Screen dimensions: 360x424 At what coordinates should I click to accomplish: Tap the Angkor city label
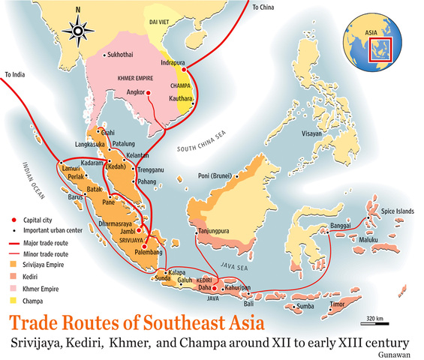(x=133, y=93)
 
